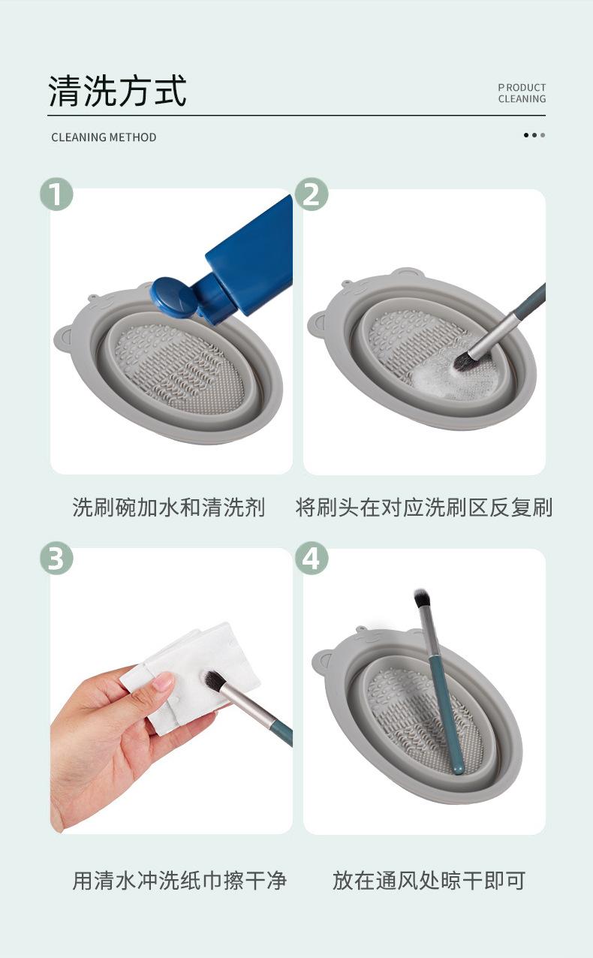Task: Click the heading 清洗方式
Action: (118, 91)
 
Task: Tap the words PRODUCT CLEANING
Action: (522, 93)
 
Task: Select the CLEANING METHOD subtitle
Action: (104, 137)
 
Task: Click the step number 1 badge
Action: (56, 194)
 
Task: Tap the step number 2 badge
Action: (312, 194)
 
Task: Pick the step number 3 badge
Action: (56, 558)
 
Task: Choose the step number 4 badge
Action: (312, 558)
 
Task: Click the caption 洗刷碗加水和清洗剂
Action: (168, 508)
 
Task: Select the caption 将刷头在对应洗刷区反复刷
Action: (423, 508)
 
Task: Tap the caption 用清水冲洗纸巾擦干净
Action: (179, 880)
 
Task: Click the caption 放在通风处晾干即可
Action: (429, 880)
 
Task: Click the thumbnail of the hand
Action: (164, 680)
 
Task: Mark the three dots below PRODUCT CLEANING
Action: (534, 135)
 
